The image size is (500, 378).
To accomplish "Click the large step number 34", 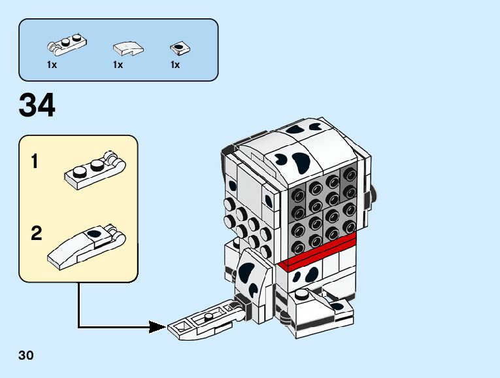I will click(x=37, y=106).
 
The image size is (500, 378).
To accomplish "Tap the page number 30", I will click(x=26, y=356).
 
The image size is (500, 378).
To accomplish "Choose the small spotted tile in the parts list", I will click(x=177, y=47).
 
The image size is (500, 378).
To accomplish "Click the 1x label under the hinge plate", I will click(x=52, y=65).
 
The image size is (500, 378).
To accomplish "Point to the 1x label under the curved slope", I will click(x=118, y=65).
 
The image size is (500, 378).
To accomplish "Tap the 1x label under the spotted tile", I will click(x=175, y=65).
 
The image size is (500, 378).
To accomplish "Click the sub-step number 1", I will click(x=35, y=162).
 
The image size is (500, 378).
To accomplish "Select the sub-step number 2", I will click(x=36, y=233).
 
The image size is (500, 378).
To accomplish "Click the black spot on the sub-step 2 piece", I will click(x=96, y=233).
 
